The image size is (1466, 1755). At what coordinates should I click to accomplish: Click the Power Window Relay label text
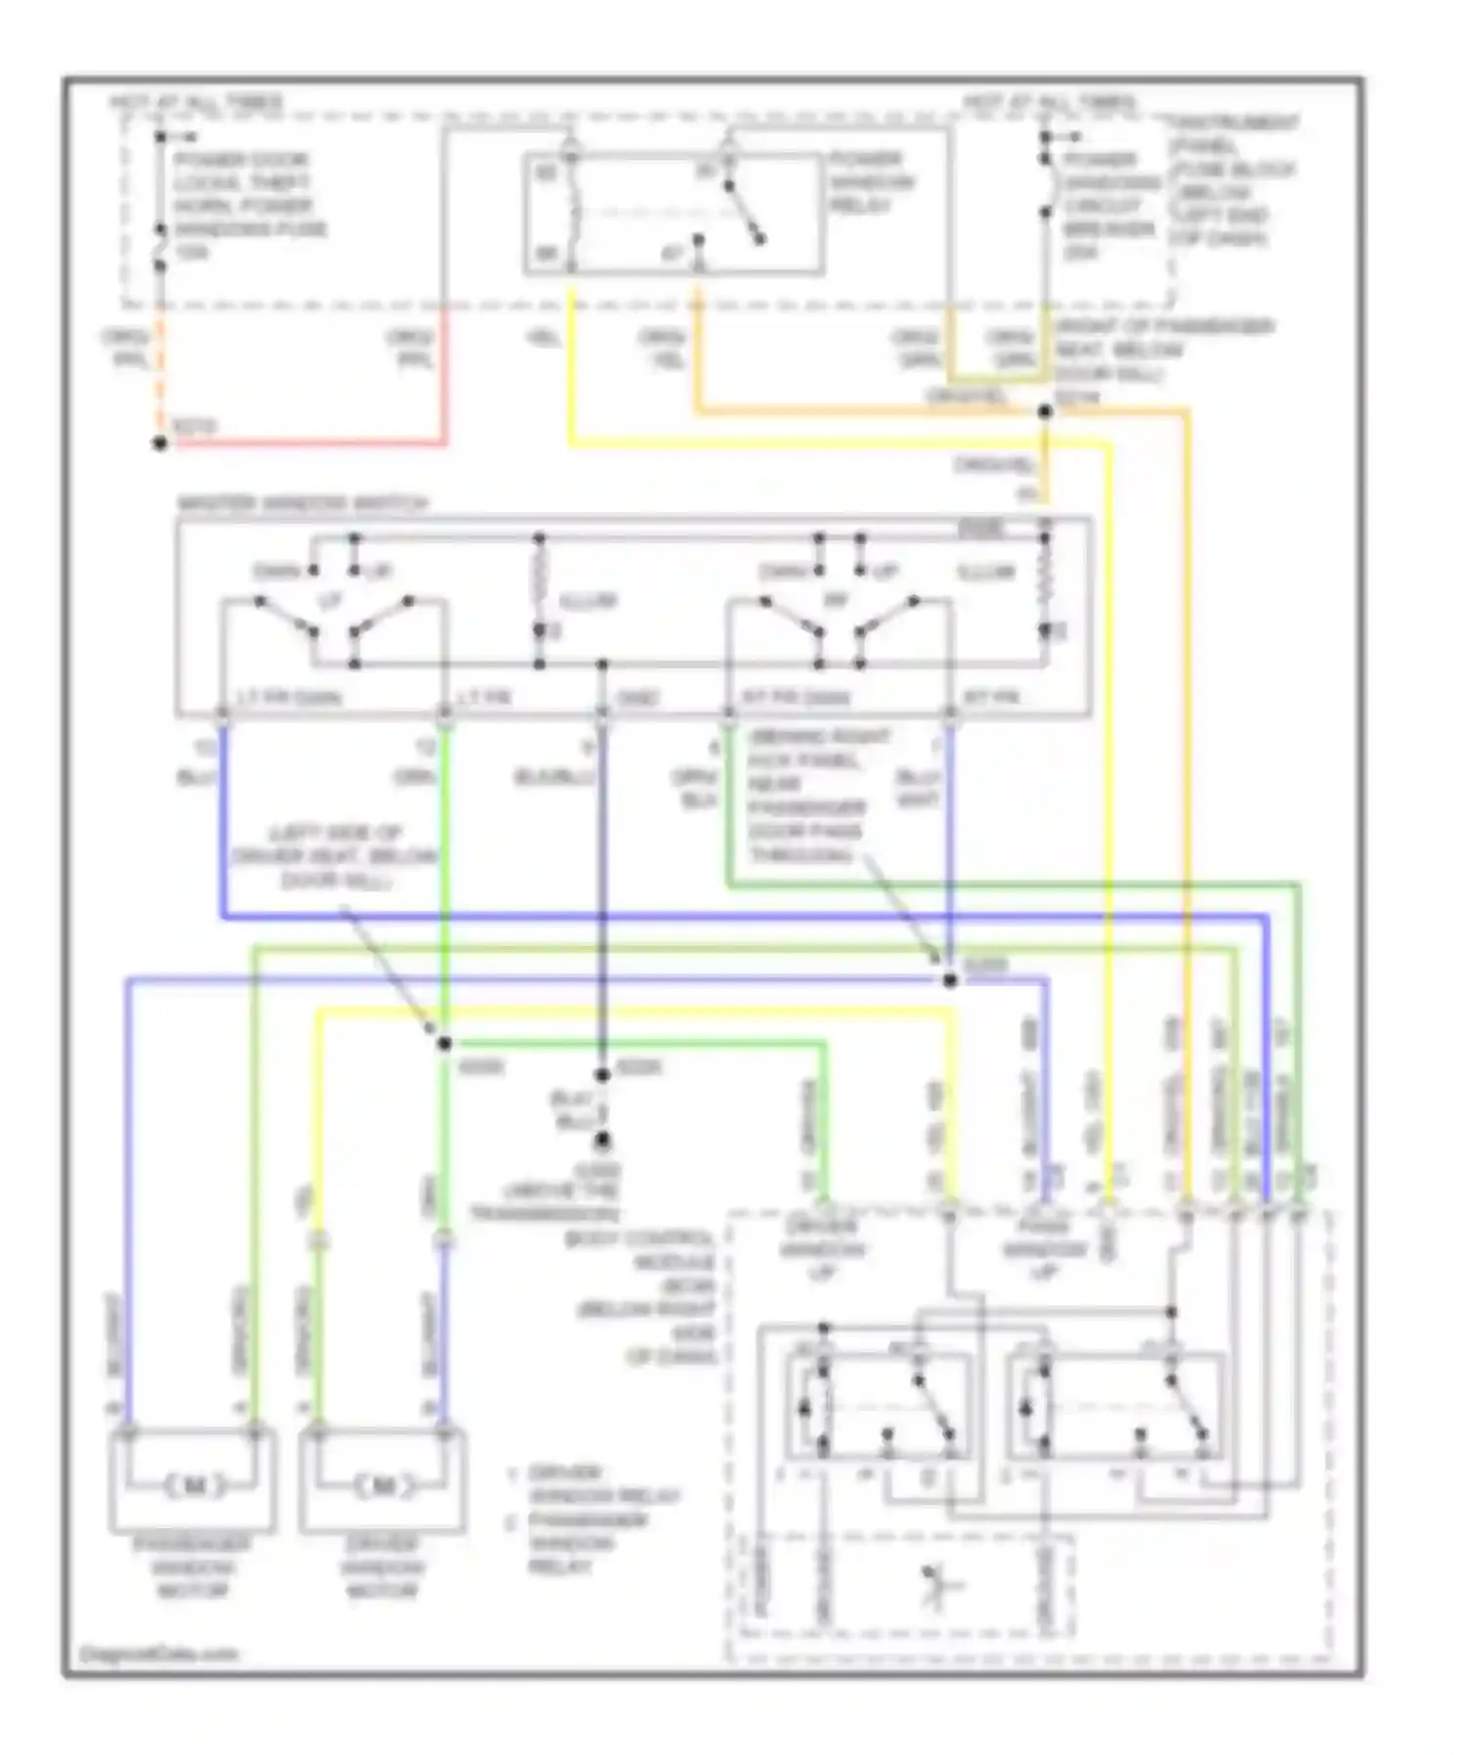(x=872, y=183)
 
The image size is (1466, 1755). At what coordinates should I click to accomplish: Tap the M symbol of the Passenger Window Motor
(x=194, y=1486)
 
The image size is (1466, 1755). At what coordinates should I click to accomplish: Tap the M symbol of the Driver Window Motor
(x=383, y=1486)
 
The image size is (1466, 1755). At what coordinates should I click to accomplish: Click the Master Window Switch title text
(x=303, y=504)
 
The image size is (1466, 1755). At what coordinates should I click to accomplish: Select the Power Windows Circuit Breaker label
(x=1108, y=206)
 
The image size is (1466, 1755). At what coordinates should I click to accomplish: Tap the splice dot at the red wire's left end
(x=160, y=444)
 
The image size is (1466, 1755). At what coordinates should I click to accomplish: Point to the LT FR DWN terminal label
(x=289, y=698)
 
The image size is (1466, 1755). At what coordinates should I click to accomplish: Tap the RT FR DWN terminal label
(x=797, y=698)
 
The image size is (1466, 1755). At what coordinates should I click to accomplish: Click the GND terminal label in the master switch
(x=638, y=698)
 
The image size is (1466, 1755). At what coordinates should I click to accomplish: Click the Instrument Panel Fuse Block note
(x=1233, y=181)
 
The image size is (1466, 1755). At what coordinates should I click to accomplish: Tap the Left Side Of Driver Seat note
(x=334, y=857)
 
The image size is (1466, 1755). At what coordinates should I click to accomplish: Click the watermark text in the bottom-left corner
(x=158, y=1654)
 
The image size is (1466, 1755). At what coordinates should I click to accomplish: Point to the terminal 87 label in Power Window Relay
(x=673, y=254)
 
